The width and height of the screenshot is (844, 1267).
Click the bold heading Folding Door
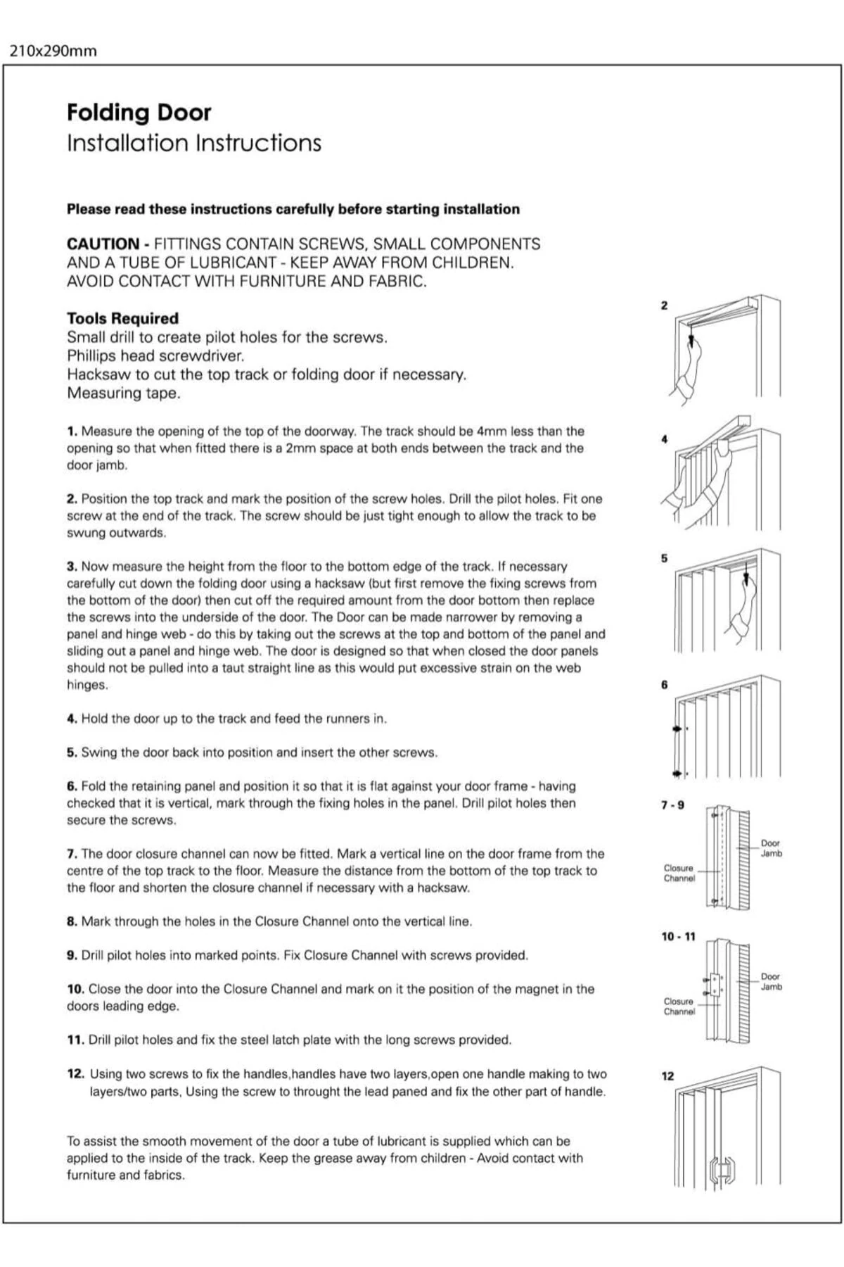139,113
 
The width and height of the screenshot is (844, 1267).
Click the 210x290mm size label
53,51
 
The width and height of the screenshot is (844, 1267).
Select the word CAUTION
103,244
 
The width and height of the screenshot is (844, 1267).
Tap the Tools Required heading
122,318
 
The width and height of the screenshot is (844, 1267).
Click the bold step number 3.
71,567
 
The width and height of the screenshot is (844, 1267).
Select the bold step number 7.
71,854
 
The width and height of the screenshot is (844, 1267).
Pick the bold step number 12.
75,1074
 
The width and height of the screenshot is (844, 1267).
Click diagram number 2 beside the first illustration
664,305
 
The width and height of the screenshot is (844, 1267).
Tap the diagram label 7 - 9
672,805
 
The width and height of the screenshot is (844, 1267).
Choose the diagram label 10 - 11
678,937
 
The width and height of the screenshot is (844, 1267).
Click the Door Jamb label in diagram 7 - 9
771,848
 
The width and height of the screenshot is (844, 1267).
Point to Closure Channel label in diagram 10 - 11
679,1007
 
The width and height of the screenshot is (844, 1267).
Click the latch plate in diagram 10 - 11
715,985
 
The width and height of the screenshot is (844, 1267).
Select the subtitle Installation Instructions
193,143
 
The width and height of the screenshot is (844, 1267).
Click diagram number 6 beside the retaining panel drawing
664,685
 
